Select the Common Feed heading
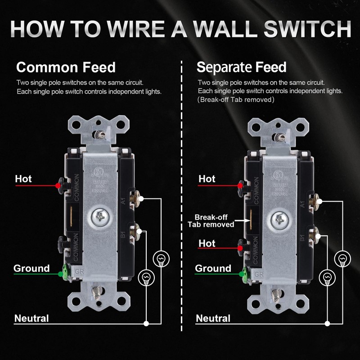point(66,67)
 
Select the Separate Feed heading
point(241,67)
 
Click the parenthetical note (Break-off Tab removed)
point(236,99)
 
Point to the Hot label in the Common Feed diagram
point(23,179)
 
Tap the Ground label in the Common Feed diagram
point(31,269)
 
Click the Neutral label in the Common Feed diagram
point(31,319)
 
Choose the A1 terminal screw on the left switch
point(135,197)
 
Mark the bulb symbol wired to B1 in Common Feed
point(145,276)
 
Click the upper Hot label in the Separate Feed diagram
point(207,179)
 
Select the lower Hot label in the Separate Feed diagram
point(207,243)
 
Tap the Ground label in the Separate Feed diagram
point(213,269)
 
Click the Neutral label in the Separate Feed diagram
point(213,319)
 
